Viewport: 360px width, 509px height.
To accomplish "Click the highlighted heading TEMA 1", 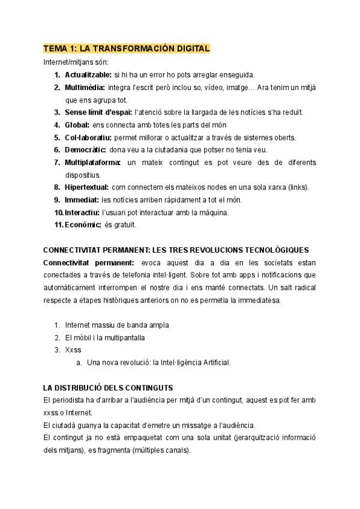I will (x=126, y=49).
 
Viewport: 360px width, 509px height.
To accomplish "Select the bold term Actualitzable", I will (x=88, y=75).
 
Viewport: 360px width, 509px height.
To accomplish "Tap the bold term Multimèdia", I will (x=85, y=88).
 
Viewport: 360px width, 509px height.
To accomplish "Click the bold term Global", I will (x=77, y=125).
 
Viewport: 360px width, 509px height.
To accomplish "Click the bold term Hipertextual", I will (x=86, y=187).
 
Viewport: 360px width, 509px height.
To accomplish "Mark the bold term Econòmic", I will (x=83, y=225).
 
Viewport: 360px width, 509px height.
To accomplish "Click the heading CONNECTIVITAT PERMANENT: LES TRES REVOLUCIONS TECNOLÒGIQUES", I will (x=176, y=250).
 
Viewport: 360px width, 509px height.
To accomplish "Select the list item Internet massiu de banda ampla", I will (x=117, y=325).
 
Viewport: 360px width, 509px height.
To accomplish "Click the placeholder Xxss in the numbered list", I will (x=73, y=350).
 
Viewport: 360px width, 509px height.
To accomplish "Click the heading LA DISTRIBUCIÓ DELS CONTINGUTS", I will (x=108, y=388).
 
